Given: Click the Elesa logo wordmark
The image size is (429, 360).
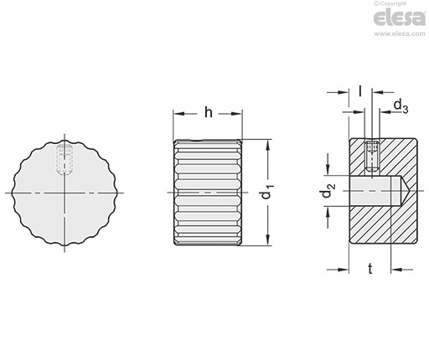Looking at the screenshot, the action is (x=400, y=18).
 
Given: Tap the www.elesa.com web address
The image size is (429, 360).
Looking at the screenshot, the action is (x=400, y=33).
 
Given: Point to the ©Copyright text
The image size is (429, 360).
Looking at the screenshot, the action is (x=390, y=3).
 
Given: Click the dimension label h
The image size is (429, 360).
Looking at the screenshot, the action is (x=209, y=112).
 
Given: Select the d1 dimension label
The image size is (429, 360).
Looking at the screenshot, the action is (x=267, y=192).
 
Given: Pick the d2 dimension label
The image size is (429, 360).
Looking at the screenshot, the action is (x=328, y=190).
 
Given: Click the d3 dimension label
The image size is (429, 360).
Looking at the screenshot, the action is (x=401, y=106).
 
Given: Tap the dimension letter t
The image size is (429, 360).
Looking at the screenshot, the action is (x=370, y=269).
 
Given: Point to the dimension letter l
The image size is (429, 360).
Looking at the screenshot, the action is (x=360, y=90).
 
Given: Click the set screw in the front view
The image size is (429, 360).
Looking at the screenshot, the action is (x=65, y=159).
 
